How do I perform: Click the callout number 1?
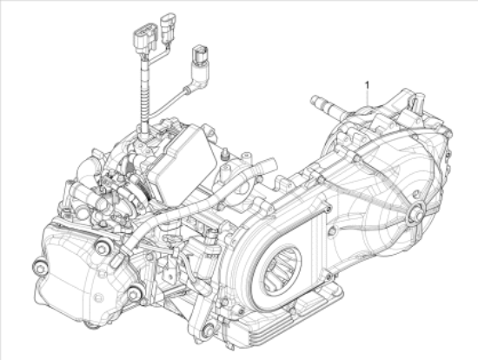[x=368, y=84]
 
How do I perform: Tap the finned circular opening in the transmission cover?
[x=280, y=270]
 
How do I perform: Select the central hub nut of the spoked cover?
[x=416, y=212]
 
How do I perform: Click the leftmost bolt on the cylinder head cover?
[x=40, y=268]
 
